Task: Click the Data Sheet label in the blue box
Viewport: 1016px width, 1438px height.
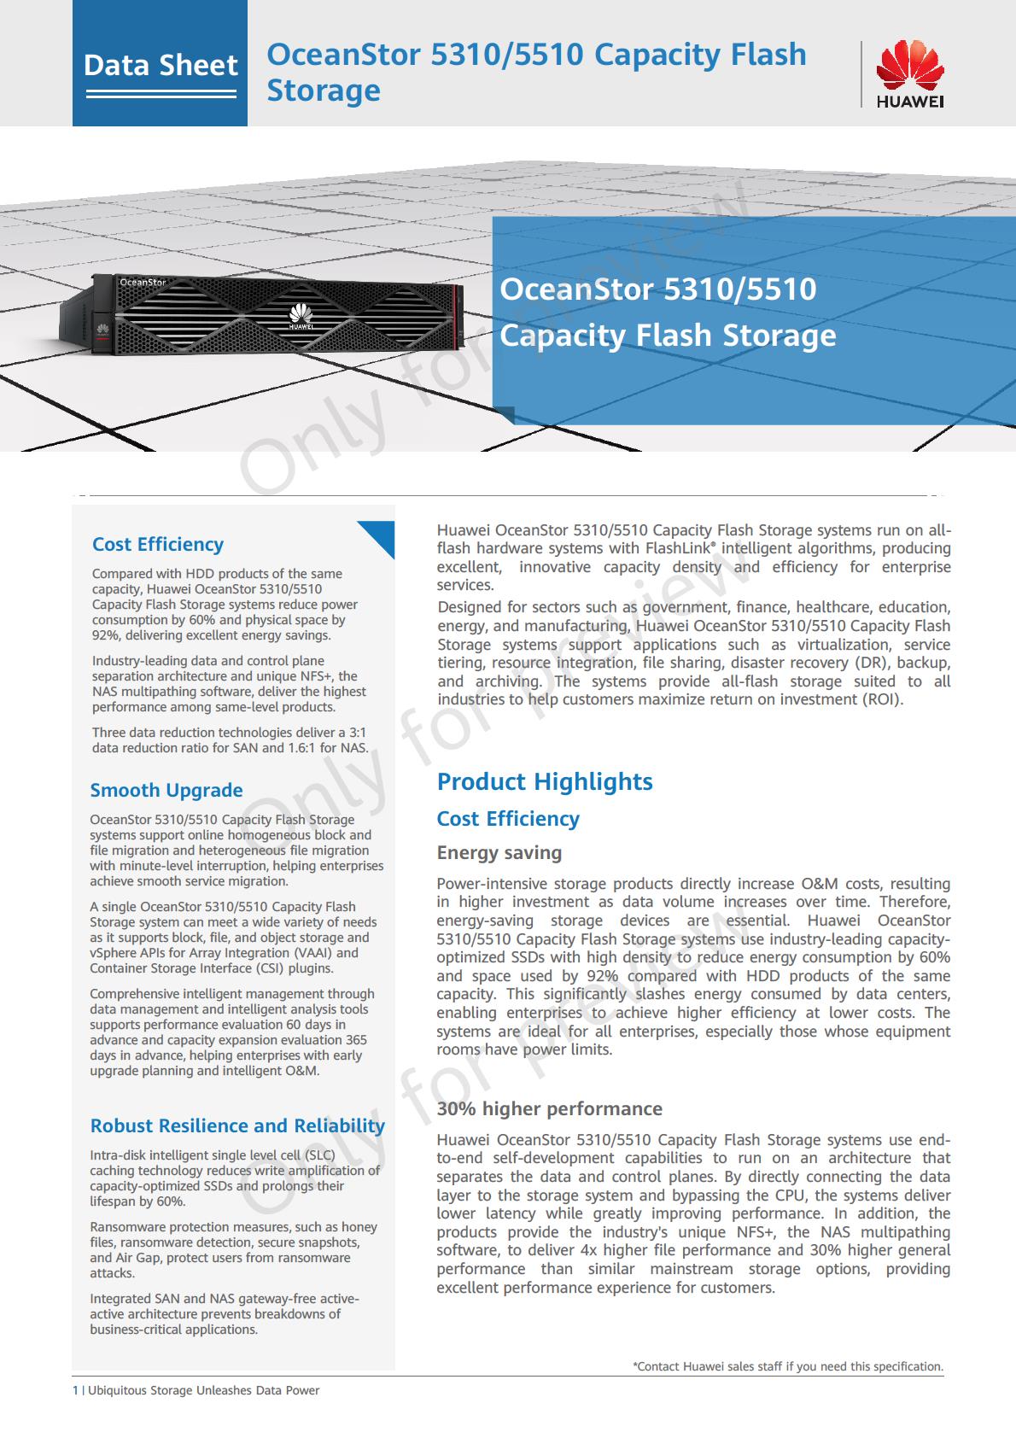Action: (161, 66)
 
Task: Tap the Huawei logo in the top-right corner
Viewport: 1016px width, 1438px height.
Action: (910, 75)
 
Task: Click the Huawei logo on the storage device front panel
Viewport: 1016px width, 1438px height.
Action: (301, 316)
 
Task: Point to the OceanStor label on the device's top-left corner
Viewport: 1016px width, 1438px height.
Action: (143, 282)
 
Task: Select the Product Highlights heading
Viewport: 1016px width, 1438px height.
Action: (545, 781)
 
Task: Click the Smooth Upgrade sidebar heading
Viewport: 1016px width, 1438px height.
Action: (166, 790)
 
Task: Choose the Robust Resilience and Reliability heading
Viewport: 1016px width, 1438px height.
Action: (237, 1125)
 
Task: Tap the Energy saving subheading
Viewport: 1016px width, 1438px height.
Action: (499, 852)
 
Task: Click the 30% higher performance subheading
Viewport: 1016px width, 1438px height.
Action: (549, 1108)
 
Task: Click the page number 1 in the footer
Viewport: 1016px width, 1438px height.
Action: (76, 1390)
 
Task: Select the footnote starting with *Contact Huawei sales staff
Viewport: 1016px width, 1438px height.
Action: (787, 1366)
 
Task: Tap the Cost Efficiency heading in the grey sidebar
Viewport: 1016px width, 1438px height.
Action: (158, 544)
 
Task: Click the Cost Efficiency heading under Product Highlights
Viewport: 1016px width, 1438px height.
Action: (508, 818)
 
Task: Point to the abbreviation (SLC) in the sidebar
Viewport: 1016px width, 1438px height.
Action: (320, 1154)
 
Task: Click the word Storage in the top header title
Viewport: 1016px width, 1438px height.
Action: (324, 91)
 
